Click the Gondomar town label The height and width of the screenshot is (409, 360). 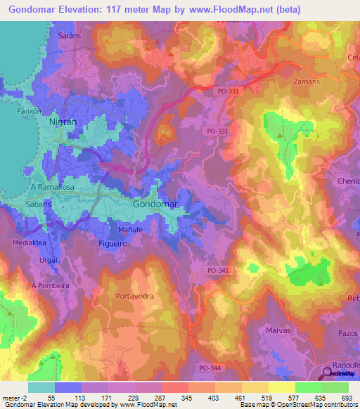point(154,204)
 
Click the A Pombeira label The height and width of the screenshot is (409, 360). point(51,286)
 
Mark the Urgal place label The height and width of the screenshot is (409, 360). point(49,259)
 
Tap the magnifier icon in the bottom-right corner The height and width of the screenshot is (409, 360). point(328,372)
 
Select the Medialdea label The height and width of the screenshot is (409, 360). point(29,242)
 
